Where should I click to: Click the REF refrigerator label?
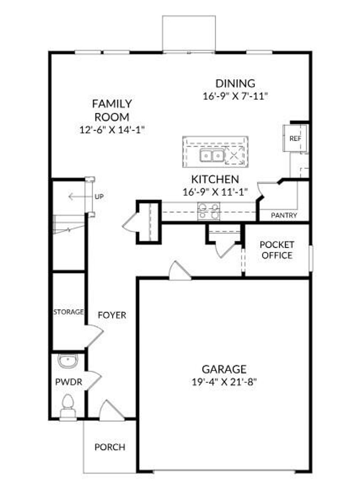[295, 139]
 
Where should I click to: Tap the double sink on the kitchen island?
[212, 156]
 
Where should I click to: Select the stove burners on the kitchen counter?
[209, 211]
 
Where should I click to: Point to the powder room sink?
[68, 361]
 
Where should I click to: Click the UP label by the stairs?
[100, 197]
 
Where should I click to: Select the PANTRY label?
[284, 215]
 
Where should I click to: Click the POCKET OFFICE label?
[277, 250]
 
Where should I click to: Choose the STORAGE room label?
[69, 312]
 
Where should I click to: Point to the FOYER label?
[112, 315]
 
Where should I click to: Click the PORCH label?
[110, 447]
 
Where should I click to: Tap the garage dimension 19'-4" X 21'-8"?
[224, 382]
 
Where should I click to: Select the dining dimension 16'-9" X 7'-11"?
[235, 96]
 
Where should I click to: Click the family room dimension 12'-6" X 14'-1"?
[112, 130]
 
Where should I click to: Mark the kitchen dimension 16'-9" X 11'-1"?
[215, 192]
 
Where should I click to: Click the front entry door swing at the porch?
[110, 412]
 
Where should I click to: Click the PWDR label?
[69, 382]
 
